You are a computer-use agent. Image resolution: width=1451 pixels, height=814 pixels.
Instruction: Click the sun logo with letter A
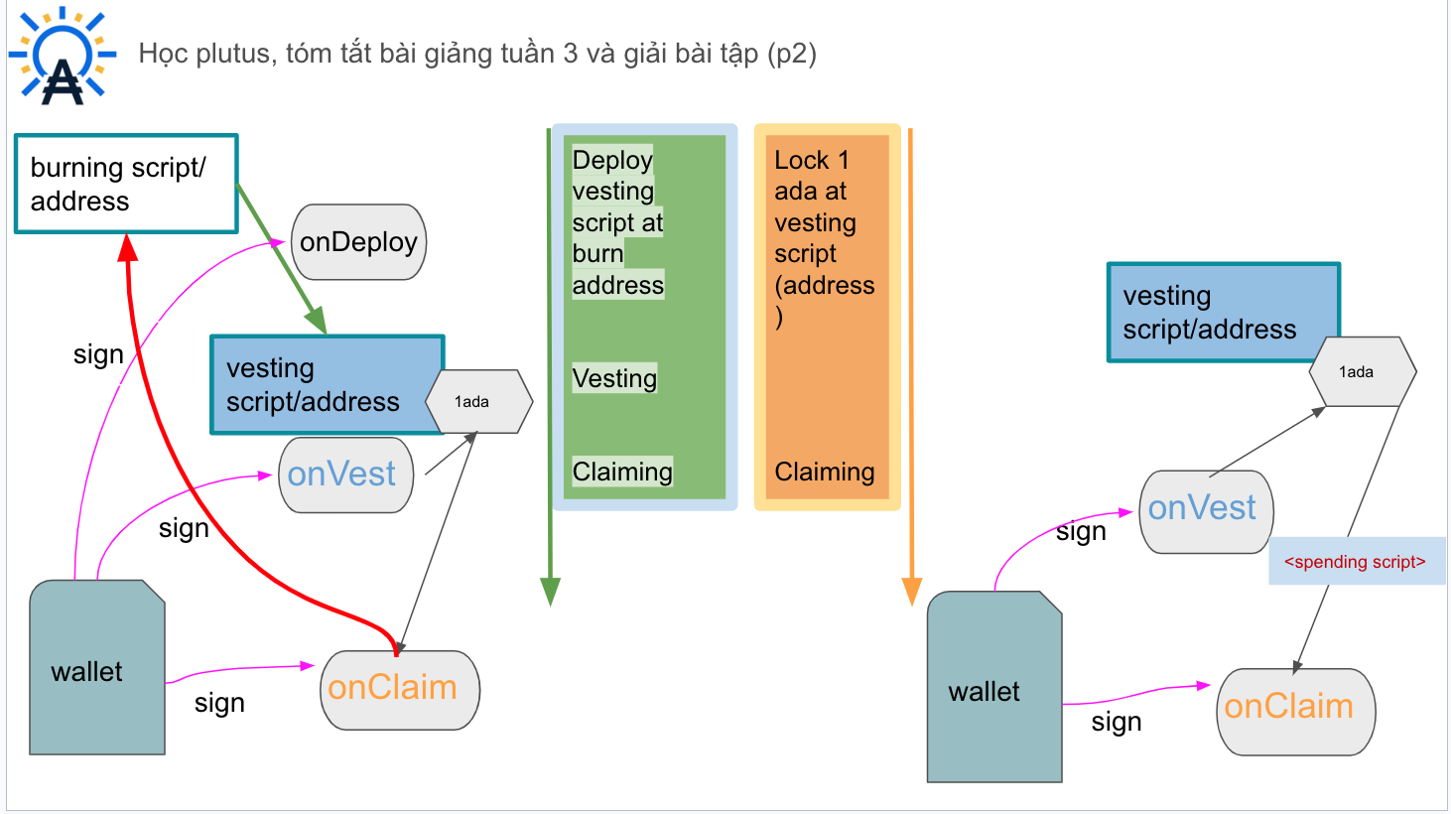click(x=63, y=56)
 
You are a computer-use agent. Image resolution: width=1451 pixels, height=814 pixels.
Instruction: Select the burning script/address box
click(x=126, y=184)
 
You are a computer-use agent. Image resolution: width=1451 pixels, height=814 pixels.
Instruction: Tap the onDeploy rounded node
click(x=358, y=242)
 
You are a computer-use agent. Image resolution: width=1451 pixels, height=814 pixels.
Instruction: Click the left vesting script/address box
click(x=328, y=384)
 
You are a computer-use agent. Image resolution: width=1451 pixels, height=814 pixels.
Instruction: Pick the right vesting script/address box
click(x=1223, y=312)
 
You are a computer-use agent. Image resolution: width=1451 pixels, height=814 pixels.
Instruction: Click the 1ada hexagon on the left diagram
click(x=478, y=402)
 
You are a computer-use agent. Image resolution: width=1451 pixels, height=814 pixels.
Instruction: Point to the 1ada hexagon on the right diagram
click(x=1363, y=372)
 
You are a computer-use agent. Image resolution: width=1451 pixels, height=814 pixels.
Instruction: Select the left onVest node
click(x=345, y=475)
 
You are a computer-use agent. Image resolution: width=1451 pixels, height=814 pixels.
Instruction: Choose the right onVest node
click(x=1206, y=511)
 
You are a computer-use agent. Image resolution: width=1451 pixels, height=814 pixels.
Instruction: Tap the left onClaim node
click(x=400, y=690)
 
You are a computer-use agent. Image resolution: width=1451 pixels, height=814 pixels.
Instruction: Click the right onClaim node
click(x=1295, y=712)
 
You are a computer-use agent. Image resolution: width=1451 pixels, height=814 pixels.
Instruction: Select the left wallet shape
click(x=97, y=667)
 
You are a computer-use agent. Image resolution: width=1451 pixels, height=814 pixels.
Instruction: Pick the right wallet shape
click(x=994, y=686)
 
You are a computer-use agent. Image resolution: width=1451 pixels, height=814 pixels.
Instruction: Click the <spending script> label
click(x=1355, y=561)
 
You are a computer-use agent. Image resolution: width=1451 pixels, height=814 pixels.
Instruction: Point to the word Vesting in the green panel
click(x=614, y=378)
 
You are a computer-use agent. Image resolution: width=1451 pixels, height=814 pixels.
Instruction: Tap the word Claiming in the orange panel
click(x=825, y=472)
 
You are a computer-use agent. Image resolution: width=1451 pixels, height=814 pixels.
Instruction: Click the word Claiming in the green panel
click(x=622, y=472)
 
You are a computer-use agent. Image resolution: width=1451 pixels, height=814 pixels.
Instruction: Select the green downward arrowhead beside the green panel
click(x=550, y=592)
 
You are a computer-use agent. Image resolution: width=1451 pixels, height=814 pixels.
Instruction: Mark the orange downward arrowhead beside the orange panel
click(x=911, y=592)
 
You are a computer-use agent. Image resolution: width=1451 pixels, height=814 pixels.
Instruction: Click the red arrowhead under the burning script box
click(x=128, y=247)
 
